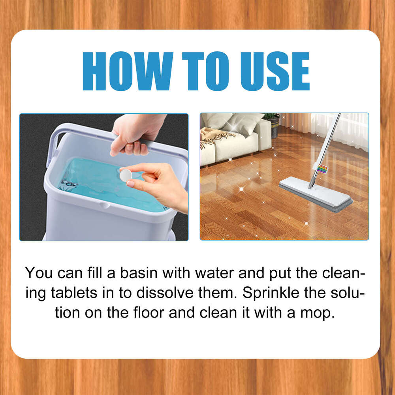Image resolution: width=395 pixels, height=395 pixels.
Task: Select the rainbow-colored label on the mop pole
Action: tap(322, 169)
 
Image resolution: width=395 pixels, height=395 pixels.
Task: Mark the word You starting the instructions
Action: tap(38, 273)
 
